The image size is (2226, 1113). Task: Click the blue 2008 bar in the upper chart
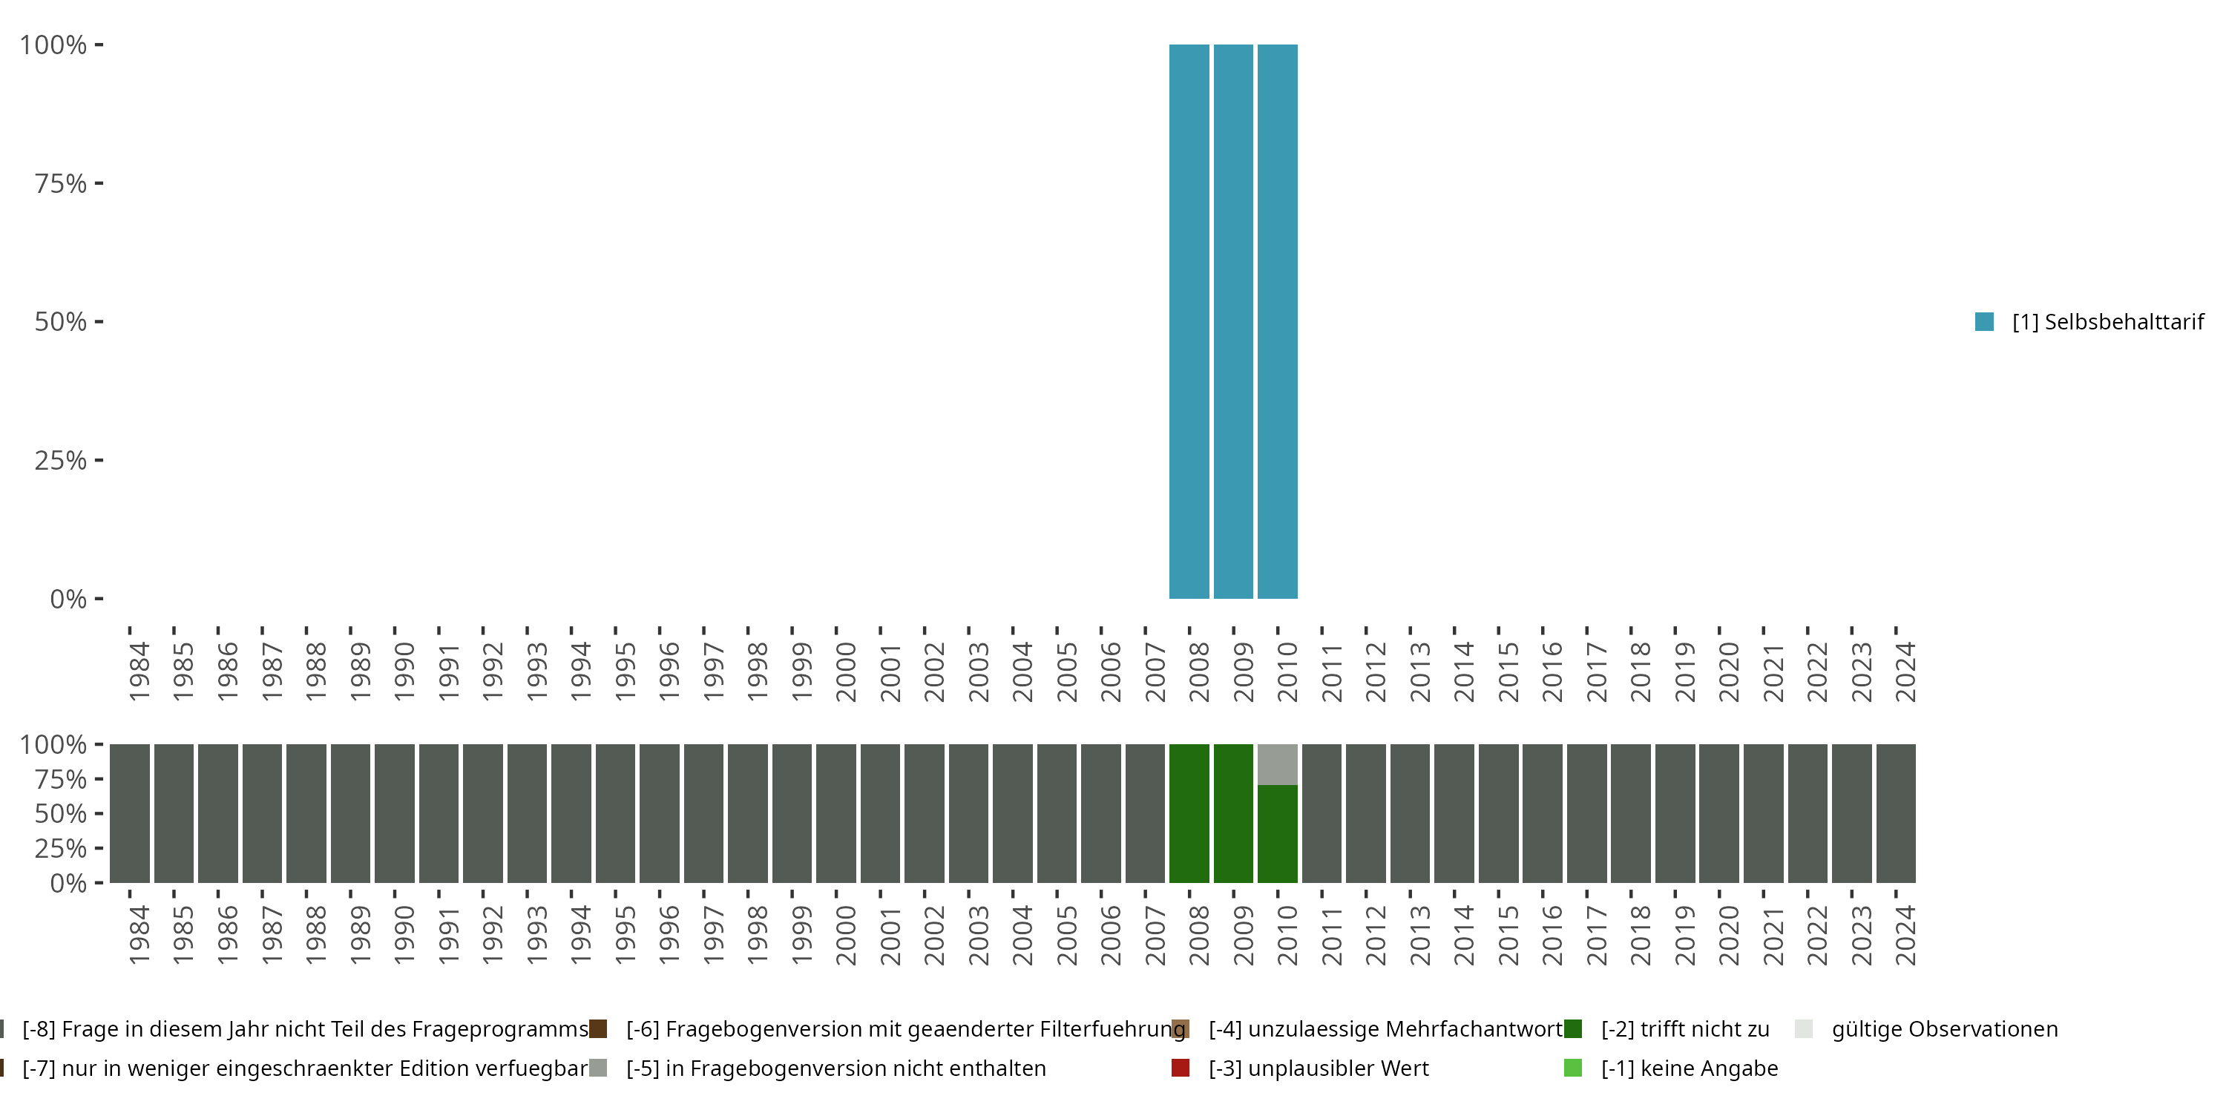pyautogui.click(x=1189, y=321)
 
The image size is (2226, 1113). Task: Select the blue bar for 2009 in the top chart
pyautogui.click(x=1233, y=321)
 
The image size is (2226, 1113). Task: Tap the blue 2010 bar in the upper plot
pyautogui.click(x=1277, y=321)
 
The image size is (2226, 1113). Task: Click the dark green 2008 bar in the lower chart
pyautogui.click(x=1189, y=813)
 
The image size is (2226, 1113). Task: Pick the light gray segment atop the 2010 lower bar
pyautogui.click(x=1277, y=764)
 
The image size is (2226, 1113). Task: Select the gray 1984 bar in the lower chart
pyautogui.click(x=130, y=813)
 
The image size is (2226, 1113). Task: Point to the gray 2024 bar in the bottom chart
pyautogui.click(x=1896, y=813)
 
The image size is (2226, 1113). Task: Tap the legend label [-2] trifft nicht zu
pyautogui.click(x=1684, y=1029)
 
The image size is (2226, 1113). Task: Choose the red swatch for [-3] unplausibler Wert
pyautogui.click(x=1181, y=1068)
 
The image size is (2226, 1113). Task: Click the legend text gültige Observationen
pyautogui.click(x=1944, y=1029)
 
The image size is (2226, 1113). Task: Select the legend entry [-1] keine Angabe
pyautogui.click(x=1689, y=1068)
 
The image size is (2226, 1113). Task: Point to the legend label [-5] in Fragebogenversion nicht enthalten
pyautogui.click(x=835, y=1068)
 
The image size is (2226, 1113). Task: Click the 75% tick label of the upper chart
pyautogui.click(x=61, y=183)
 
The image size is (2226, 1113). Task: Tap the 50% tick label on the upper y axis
pyautogui.click(x=61, y=321)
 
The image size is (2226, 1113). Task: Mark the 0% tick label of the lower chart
pyautogui.click(x=68, y=883)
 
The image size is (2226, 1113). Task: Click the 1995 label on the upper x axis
pyautogui.click(x=625, y=672)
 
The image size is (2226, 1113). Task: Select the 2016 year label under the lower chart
pyautogui.click(x=1552, y=935)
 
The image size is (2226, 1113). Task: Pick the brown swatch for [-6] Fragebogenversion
pyautogui.click(x=598, y=1029)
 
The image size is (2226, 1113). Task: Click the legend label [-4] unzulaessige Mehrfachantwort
pyautogui.click(x=1385, y=1029)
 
